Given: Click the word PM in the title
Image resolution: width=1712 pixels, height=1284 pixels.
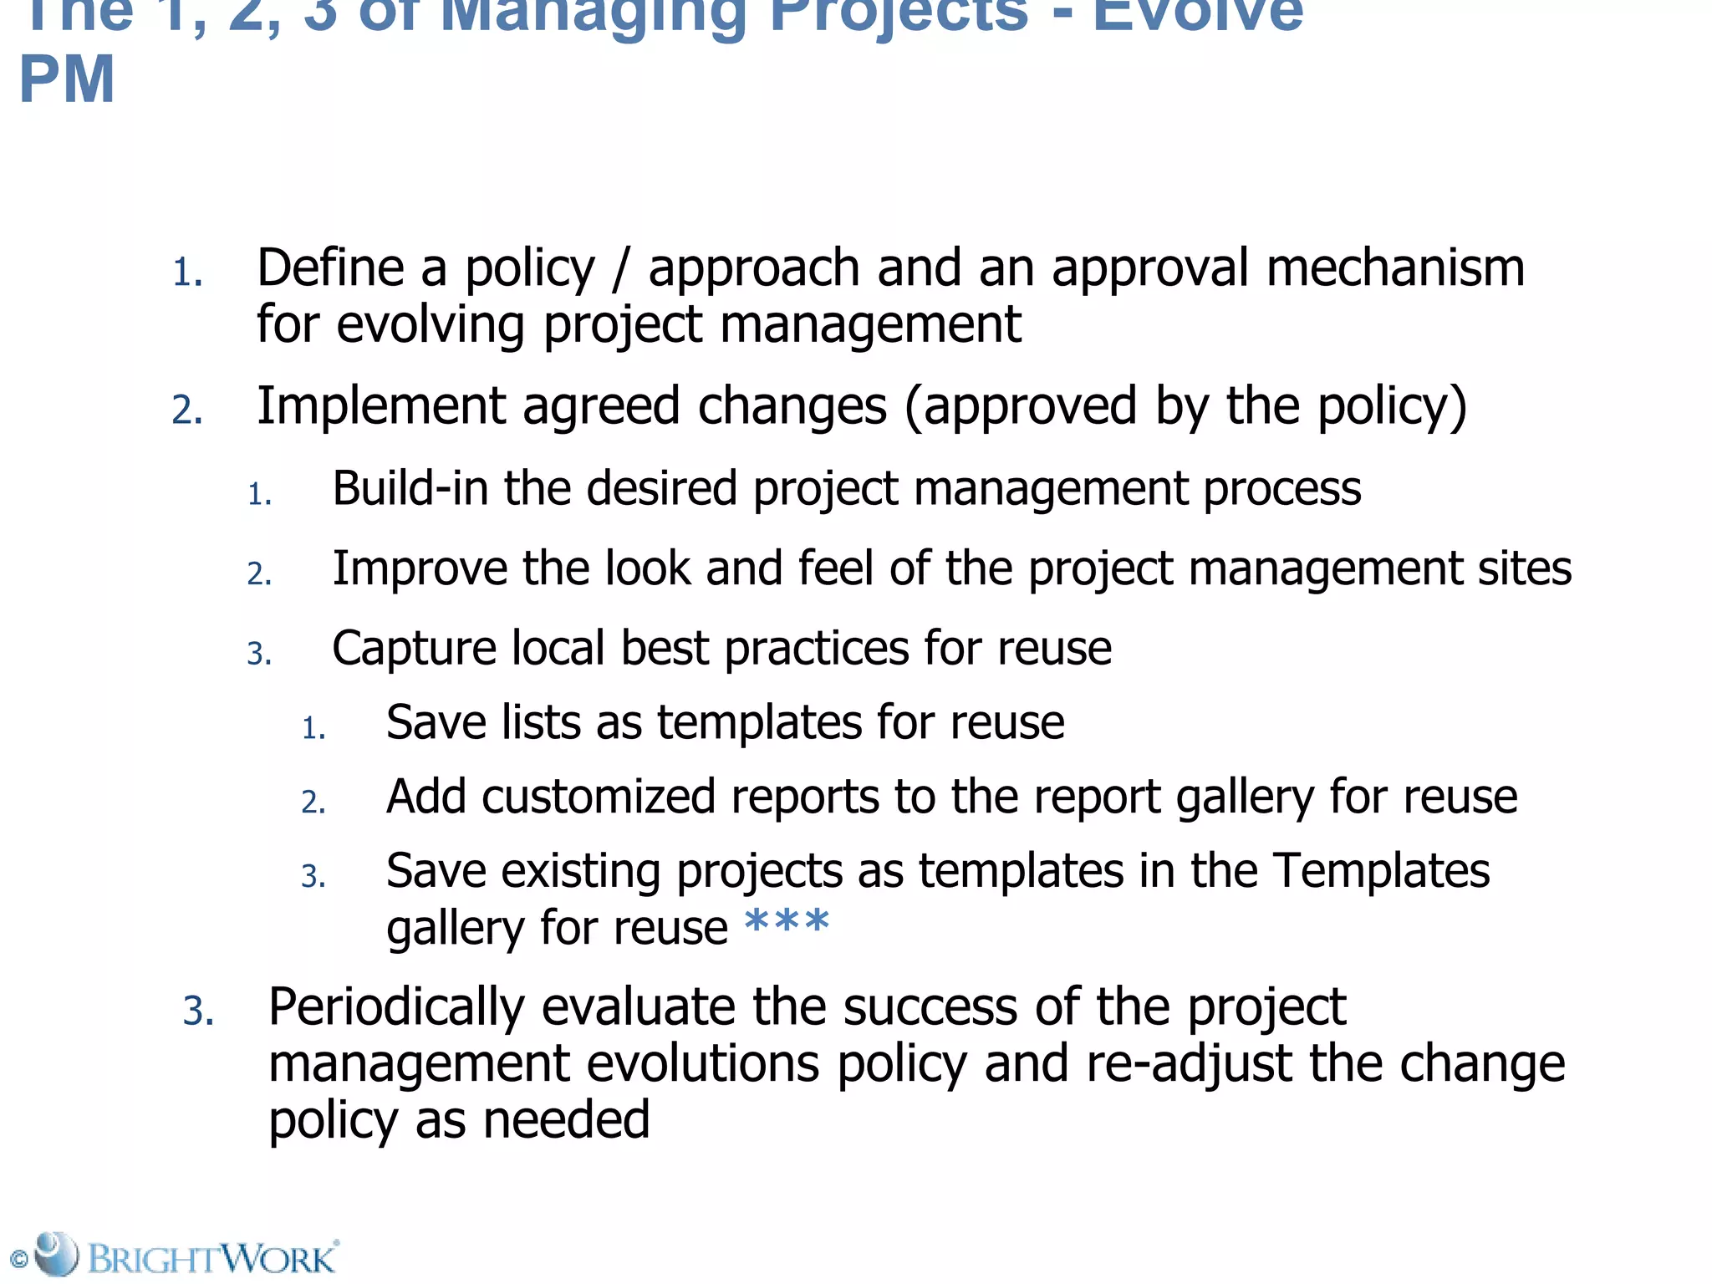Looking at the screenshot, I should coord(67,80).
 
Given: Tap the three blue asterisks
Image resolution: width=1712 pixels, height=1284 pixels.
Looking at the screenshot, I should coord(786,924).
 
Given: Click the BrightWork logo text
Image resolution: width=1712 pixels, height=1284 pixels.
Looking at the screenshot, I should coord(212,1258).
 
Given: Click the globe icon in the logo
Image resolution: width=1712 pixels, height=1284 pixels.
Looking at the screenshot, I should coord(57,1253).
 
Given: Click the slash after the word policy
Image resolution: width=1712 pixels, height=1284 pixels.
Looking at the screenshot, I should coord(619,269).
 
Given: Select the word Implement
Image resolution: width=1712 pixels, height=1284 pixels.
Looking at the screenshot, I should coord(380,406).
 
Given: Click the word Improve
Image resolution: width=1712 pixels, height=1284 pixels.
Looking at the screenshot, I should coord(420,568).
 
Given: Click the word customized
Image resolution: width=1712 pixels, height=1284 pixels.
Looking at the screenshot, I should coord(598,796).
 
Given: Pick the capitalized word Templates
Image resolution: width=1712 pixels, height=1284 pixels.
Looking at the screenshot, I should coord(1381,870).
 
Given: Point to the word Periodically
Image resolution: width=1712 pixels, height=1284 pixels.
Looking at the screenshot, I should coord(396,1006).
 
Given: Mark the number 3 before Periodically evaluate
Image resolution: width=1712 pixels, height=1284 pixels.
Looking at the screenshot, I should coord(198,1011).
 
